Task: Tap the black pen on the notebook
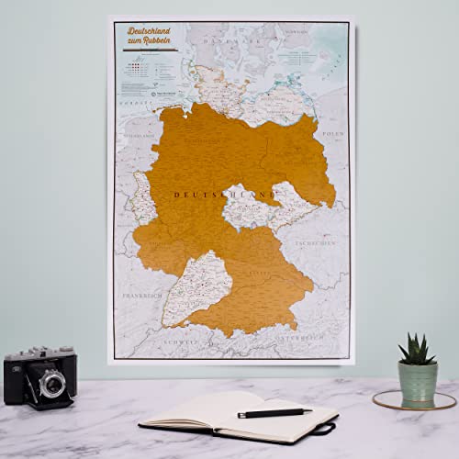tap(274, 412)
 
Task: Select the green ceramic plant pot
tap(418, 382)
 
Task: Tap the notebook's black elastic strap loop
tap(324, 427)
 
